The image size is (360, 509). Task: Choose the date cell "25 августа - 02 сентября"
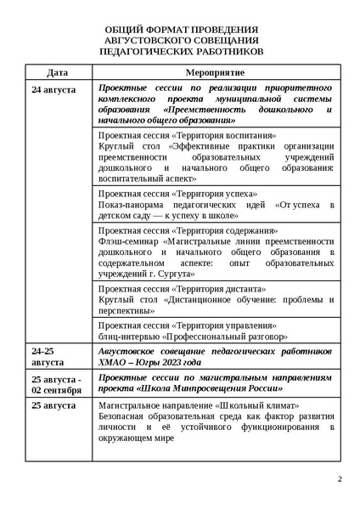pos(57,384)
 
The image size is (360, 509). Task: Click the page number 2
pos(340,479)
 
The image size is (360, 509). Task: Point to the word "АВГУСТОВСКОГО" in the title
pos(155,40)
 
